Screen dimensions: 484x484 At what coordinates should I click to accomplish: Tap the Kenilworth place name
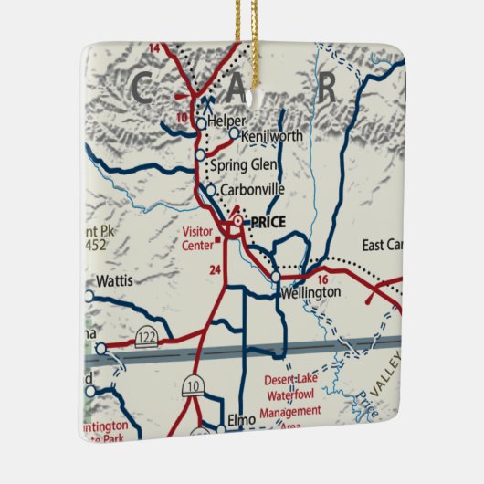[x=272, y=136]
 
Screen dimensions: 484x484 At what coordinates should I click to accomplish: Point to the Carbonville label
[x=253, y=191]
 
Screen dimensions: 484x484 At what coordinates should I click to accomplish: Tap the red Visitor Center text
[x=197, y=237]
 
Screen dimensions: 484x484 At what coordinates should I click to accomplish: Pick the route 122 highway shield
[x=145, y=339]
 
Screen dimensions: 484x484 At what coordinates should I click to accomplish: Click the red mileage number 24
[x=215, y=270]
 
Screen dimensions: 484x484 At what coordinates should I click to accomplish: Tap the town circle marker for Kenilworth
[x=234, y=133]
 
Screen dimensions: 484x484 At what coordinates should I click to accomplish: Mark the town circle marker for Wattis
[x=89, y=296]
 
